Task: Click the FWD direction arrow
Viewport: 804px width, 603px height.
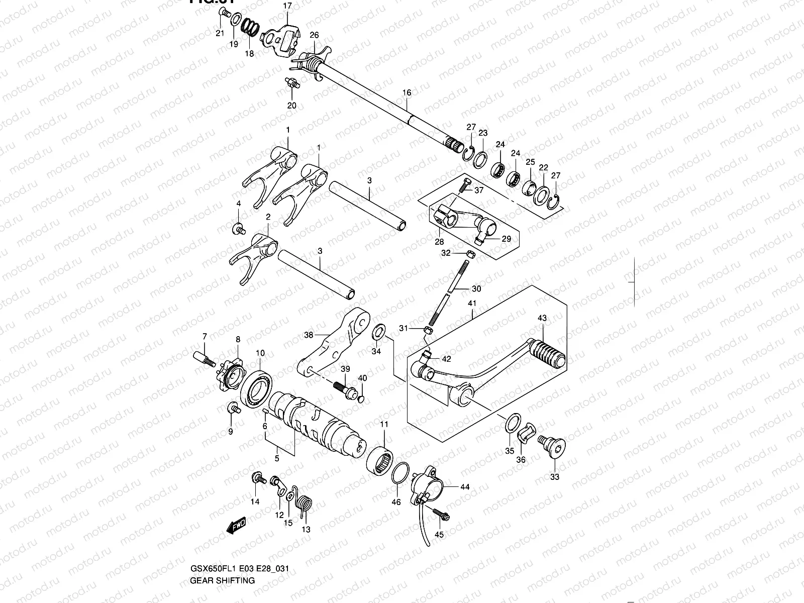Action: click(x=236, y=525)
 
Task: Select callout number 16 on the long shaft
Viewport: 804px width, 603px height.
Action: click(x=407, y=92)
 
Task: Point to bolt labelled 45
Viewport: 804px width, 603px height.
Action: click(x=441, y=515)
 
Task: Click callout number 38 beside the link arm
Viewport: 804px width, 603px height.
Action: click(x=309, y=335)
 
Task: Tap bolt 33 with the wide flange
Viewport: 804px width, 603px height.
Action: click(x=553, y=447)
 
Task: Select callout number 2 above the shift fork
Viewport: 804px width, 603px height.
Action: click(x=268, y=217)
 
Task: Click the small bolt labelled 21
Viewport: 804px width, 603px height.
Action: click(x=223, y=21)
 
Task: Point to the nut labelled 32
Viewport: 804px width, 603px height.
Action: click(x=467, y=253)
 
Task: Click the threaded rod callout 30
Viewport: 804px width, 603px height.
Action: click(x=476, y=289)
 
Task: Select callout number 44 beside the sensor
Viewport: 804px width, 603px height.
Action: click(x=464, y=486)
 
